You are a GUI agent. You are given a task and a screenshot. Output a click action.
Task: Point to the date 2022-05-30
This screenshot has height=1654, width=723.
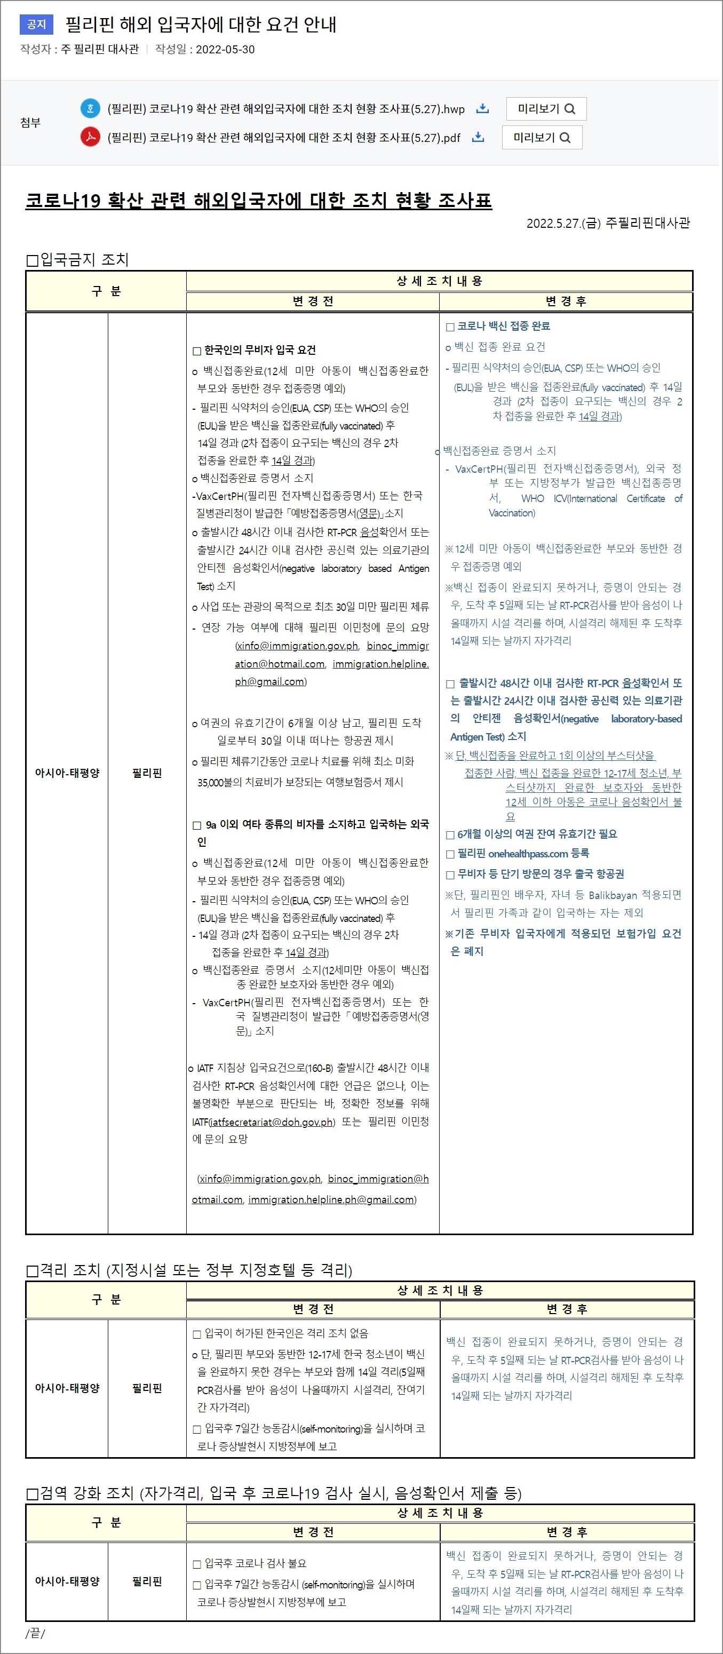click(225, 50)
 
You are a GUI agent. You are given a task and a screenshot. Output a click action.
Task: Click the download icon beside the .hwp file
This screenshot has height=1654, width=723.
click(482, 108)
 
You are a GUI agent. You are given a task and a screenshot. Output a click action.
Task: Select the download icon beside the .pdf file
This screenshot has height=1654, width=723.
click(478, 138)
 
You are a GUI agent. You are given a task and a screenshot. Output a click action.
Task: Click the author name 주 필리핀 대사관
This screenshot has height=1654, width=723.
click(100, 50)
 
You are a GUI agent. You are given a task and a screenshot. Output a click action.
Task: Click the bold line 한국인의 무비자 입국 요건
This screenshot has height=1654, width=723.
click(259, 350)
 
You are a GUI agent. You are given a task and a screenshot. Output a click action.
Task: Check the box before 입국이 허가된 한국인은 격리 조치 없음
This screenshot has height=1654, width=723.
click(197, 1333)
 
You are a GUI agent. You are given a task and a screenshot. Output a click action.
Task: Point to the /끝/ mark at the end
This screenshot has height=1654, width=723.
click(35, 1633)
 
